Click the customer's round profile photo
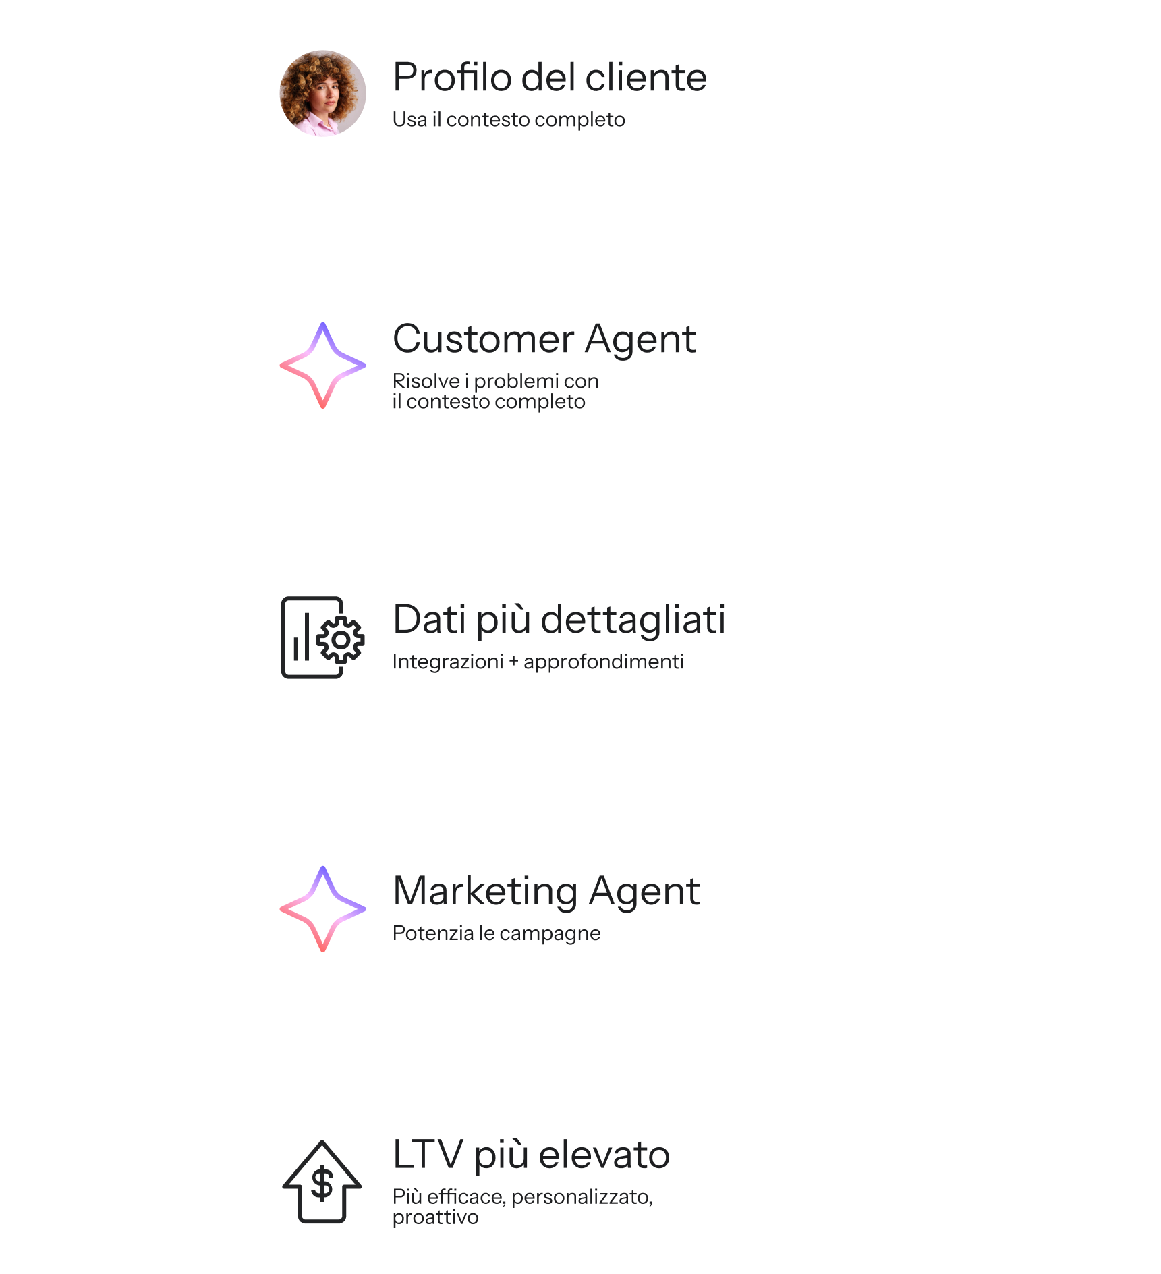point(322,93)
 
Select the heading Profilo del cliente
point(549,77)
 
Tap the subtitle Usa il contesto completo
point(509,119)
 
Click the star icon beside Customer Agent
point(322,366)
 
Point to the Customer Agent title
point(544,339)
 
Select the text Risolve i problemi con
point(495,381)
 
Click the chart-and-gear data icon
point(322,637)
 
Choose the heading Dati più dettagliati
point(559,619)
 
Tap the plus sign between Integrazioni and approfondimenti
point(513,662)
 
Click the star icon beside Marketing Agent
point(322,909)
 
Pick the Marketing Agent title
point(546,891)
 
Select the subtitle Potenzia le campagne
point(496,933)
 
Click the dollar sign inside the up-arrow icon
point(322,1183)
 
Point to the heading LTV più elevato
point(531,1154)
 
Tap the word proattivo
point(435,1217)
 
